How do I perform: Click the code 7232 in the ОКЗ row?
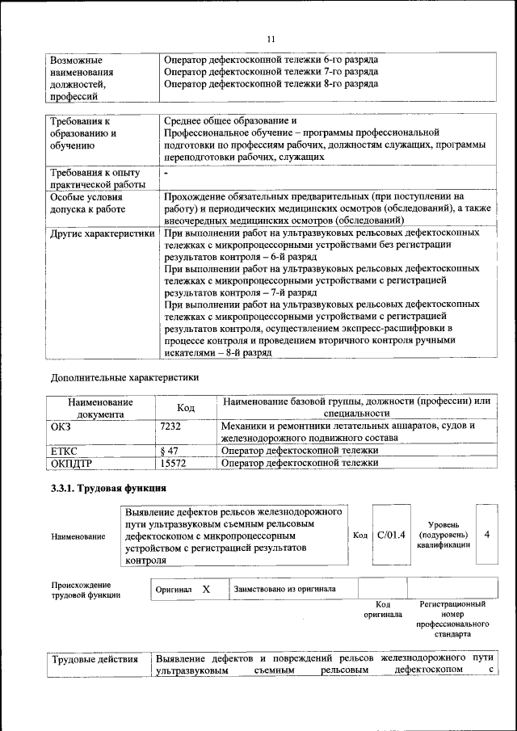coord(170,425)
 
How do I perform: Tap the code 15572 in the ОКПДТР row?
coord(174,464)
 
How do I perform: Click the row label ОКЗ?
coord(61,425)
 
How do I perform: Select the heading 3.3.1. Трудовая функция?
coord(108,489)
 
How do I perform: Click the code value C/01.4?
coord(390,534)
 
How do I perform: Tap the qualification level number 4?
coord(486,534)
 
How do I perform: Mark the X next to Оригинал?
coord(206,590)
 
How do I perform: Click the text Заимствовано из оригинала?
coord(284,590)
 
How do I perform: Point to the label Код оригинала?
coord(383,609)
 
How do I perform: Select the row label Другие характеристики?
coord(102,233)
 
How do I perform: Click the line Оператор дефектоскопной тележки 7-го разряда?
coord(271,71)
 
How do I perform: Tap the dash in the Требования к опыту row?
coord(166,173)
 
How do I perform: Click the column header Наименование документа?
coord(100,407)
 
